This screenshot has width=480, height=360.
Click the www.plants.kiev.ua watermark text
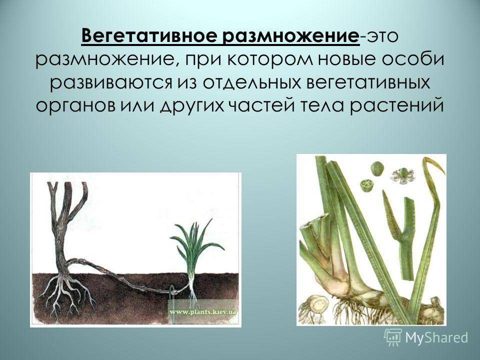click(202, 312)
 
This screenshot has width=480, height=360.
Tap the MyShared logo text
click(436, 337)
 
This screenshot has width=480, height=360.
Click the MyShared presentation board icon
click(393, 337)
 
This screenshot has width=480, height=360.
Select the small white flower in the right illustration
click(402, 176)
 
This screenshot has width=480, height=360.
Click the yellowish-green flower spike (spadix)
click(392, 216)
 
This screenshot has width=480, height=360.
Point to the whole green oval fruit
click(377, 168)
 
